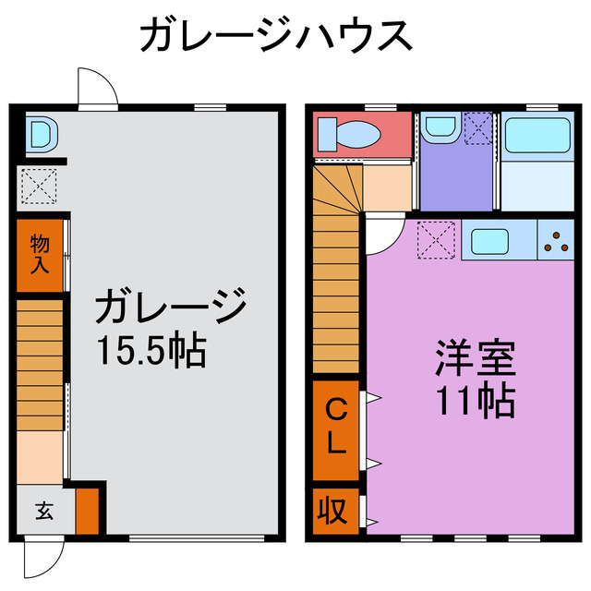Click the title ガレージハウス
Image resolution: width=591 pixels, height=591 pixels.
pos(274,36)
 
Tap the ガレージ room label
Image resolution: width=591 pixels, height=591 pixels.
pos(171,306)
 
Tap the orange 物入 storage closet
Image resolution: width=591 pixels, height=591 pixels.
pos(40,255)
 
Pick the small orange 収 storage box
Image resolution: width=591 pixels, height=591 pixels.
pos(332,509)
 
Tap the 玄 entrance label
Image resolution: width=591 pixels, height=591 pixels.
pos(43,510)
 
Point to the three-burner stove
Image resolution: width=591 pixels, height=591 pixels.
pos(556,242)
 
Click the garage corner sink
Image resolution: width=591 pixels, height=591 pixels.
pos(40,136)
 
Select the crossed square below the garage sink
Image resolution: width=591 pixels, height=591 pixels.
pos(40,187)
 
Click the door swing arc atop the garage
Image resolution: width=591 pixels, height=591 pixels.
pos(96,89)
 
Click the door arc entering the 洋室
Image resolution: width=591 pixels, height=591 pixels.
pos(383,236)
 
